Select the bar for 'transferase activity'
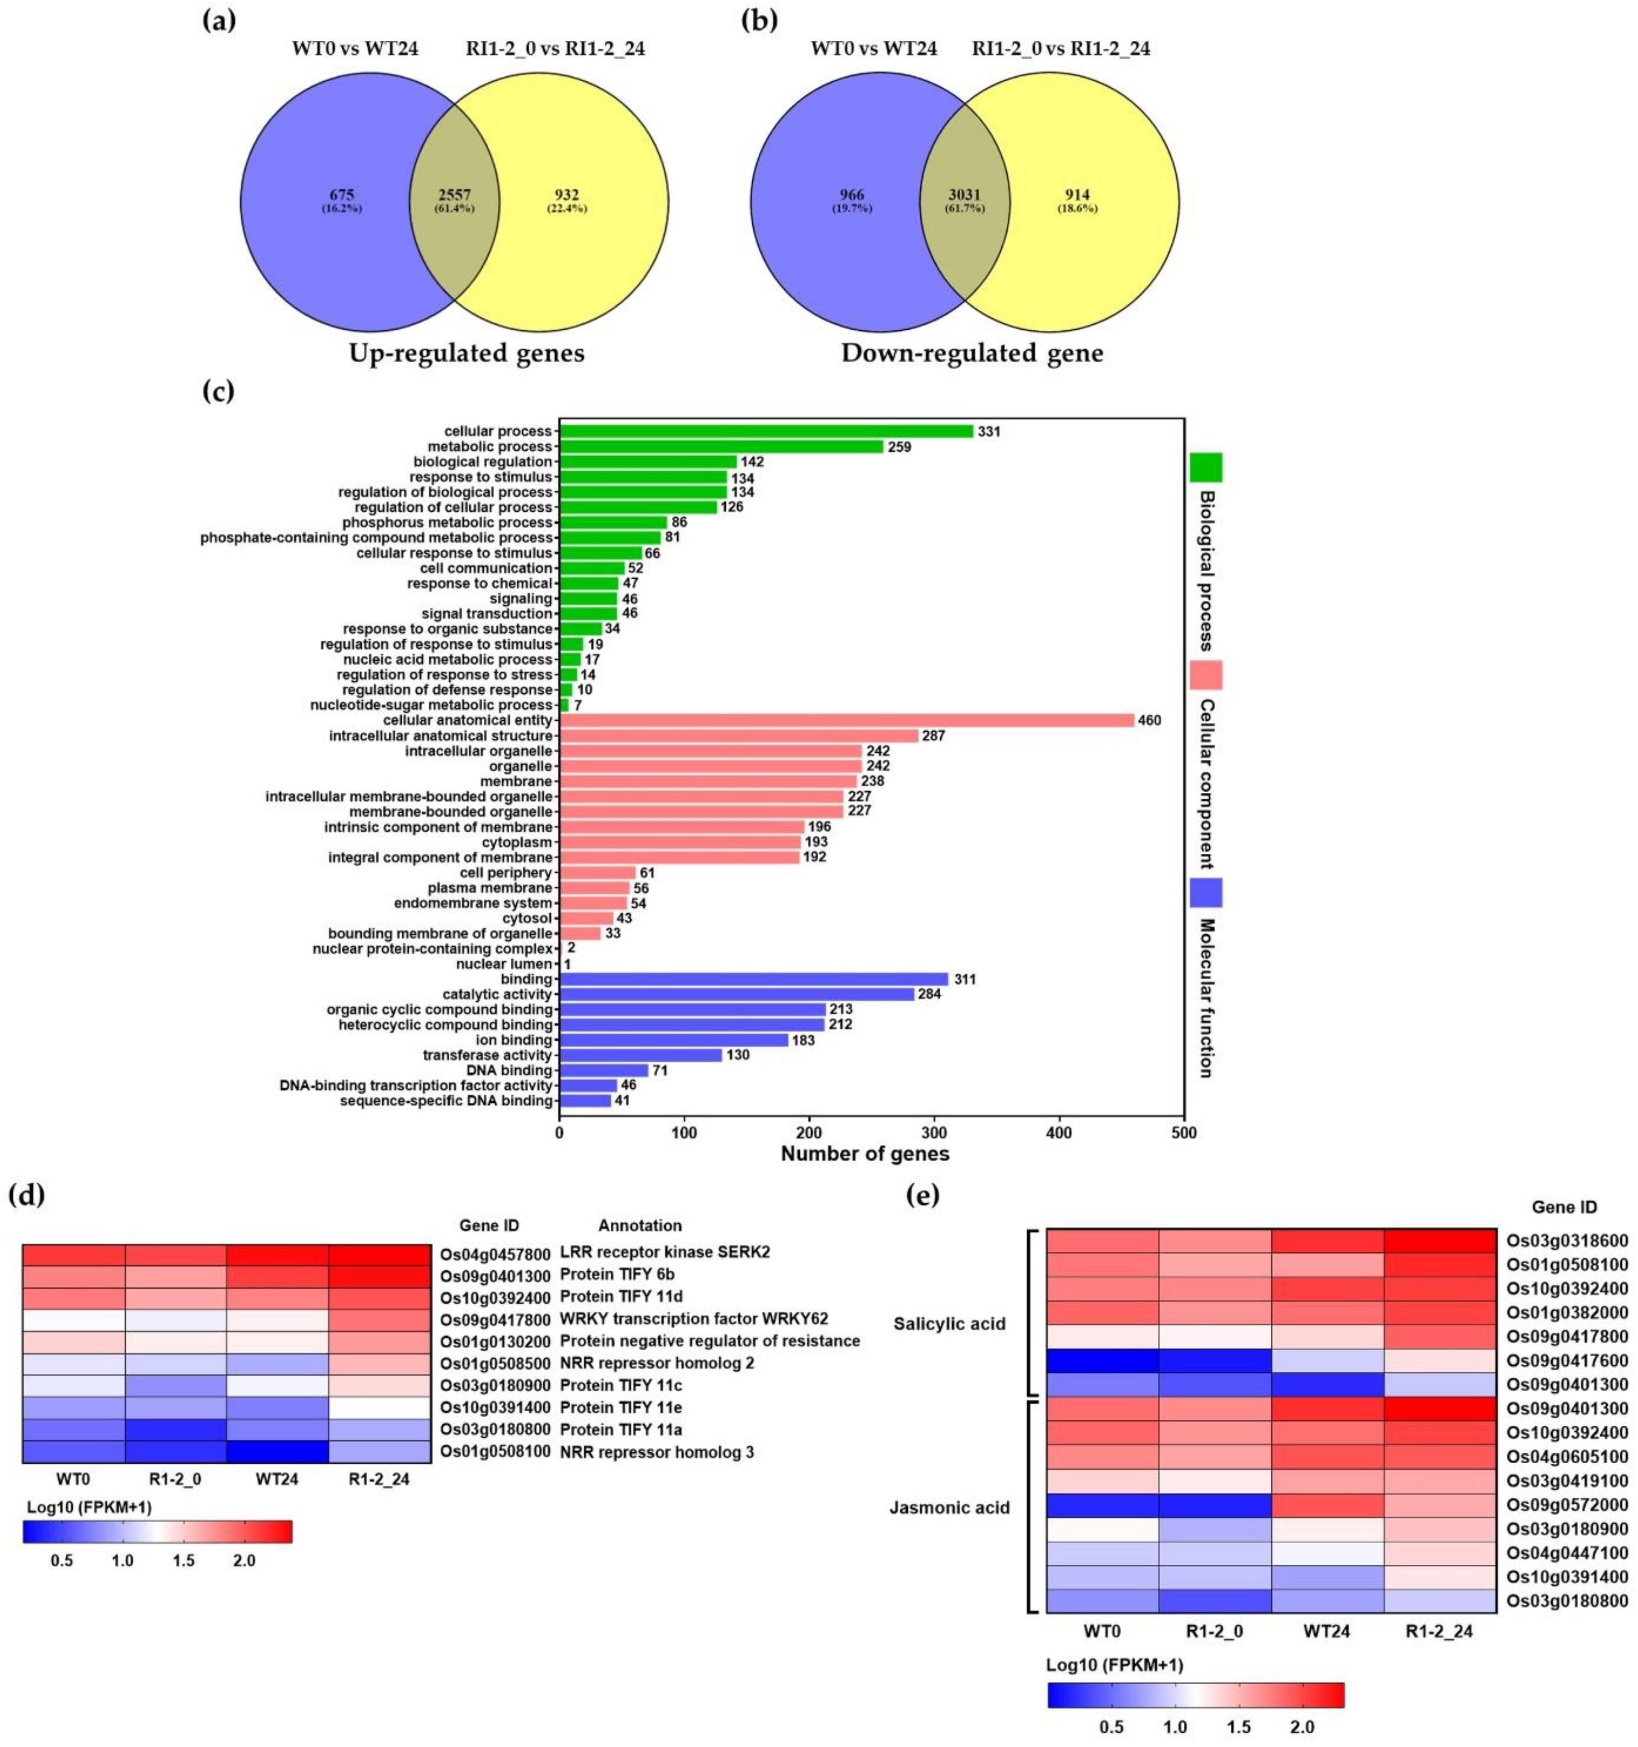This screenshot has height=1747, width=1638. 640,1055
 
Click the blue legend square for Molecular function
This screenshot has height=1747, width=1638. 1206,892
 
